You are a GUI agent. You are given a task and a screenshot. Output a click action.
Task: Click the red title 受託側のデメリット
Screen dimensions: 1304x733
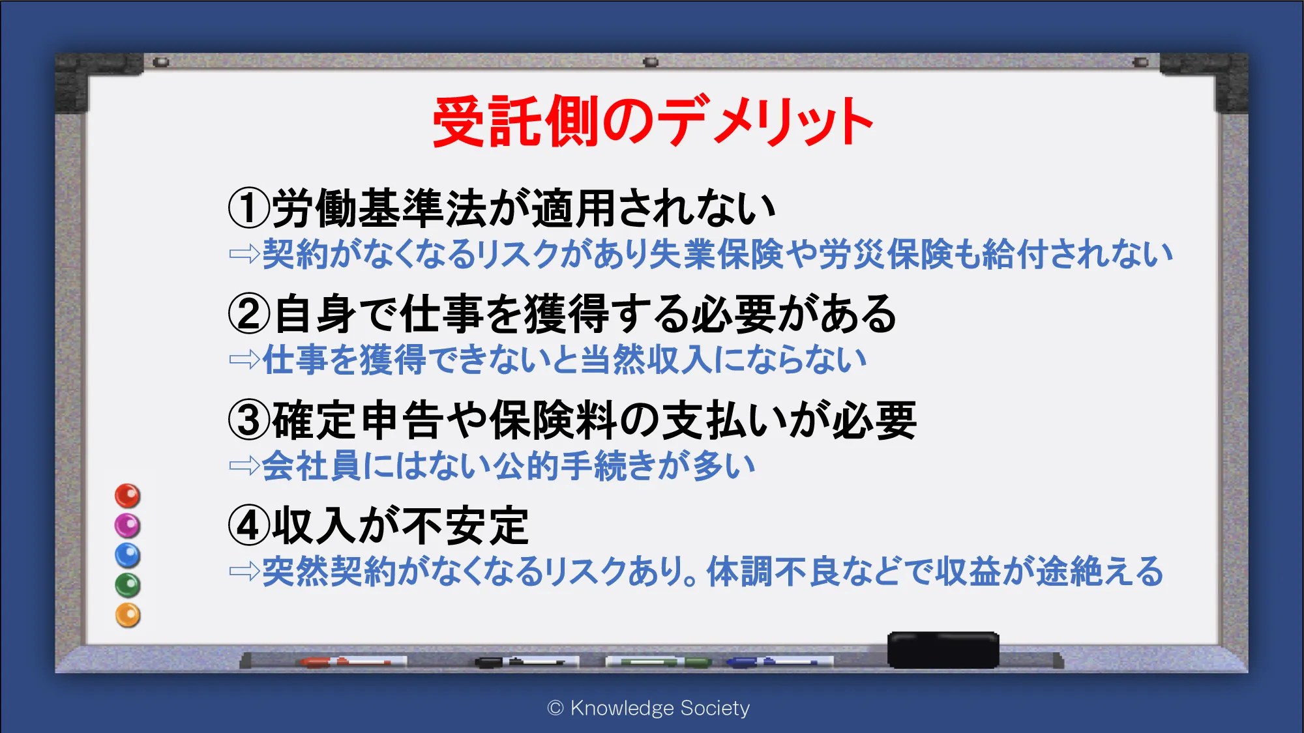pos(653,121)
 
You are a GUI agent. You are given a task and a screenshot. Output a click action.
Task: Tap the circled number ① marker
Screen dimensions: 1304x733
pos(249,208)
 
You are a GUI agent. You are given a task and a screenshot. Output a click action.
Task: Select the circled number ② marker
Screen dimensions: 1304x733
pos(249,314)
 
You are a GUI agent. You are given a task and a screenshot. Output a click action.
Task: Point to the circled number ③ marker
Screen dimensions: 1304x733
pos(249,420)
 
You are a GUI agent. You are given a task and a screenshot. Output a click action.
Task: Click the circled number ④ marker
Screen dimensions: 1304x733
pos(249,526)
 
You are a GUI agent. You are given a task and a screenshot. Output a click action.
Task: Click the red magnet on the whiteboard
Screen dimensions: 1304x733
pos(128,496)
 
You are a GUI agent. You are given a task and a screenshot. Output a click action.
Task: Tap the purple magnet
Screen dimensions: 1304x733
pos(128,526)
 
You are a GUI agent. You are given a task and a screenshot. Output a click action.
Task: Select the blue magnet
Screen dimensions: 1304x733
pos(128,556)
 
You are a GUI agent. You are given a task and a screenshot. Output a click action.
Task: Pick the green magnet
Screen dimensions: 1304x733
pos(128,586)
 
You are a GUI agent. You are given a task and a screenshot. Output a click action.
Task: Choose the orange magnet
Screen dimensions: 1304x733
pos(128,616)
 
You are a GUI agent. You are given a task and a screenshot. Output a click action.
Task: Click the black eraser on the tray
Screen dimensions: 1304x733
pos(943,650)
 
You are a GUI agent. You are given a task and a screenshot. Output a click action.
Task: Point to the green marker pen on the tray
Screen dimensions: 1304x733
pos(659,662)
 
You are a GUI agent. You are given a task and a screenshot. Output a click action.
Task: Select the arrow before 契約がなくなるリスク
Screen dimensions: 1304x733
pos(244,254)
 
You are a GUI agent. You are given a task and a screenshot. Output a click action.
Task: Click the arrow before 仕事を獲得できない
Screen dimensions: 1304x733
pos(244,360)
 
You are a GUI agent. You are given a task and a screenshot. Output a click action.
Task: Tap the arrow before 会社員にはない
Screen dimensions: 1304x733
pos(244,466)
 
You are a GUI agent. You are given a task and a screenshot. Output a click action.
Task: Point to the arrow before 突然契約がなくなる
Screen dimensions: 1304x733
pos(244,571)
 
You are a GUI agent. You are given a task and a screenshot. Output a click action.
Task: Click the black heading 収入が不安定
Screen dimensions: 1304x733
pos(400,526)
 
